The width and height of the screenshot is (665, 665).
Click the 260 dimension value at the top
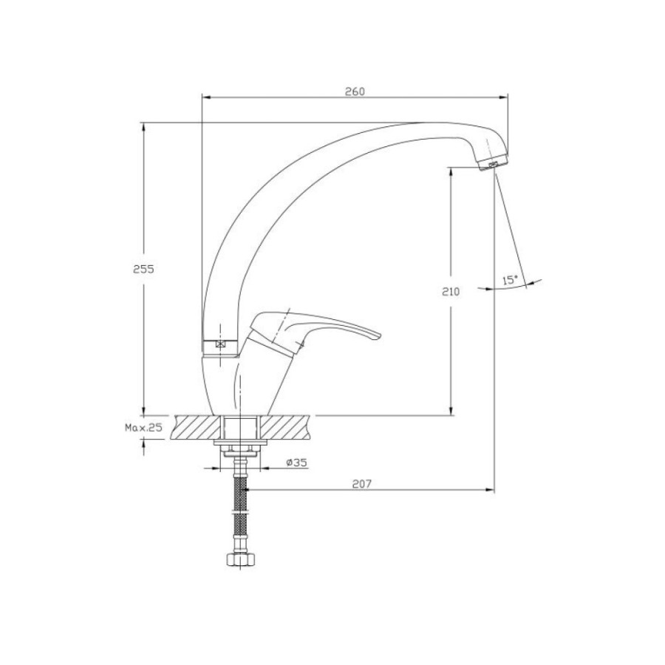pyautogui.click(x=355, y=91)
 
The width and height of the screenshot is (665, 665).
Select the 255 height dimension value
pyautogui.click(x=143, y=269)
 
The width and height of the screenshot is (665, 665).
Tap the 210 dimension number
pyautogui.click(x=451, y=292)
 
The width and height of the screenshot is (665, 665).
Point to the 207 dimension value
pyautogui.click(x=362, y=484)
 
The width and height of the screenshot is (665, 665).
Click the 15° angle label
pyautogui.click(x=510, y=280)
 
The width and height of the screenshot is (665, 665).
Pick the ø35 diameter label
pyautogui.click(x=296, y=463)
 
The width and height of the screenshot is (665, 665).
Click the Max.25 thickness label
pyautogui.click(x=143, y=428)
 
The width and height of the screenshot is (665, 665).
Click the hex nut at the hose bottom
pyautogui.click(x=240, y=559)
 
